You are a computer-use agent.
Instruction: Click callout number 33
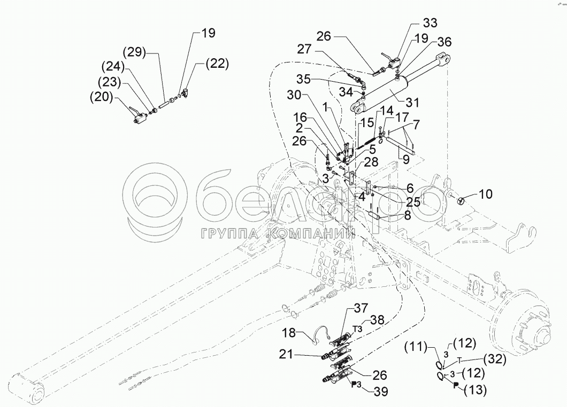(430, 24)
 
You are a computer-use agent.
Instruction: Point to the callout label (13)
(474, 391)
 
